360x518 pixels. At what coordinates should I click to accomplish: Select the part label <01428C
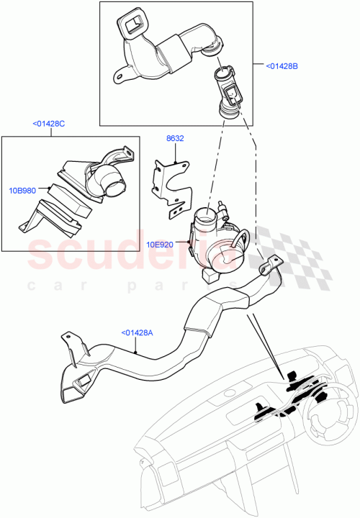coord(48,124)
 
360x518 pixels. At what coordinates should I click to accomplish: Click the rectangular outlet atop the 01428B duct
coord(134,27)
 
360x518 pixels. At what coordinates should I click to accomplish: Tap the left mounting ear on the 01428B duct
coord(118,73)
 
